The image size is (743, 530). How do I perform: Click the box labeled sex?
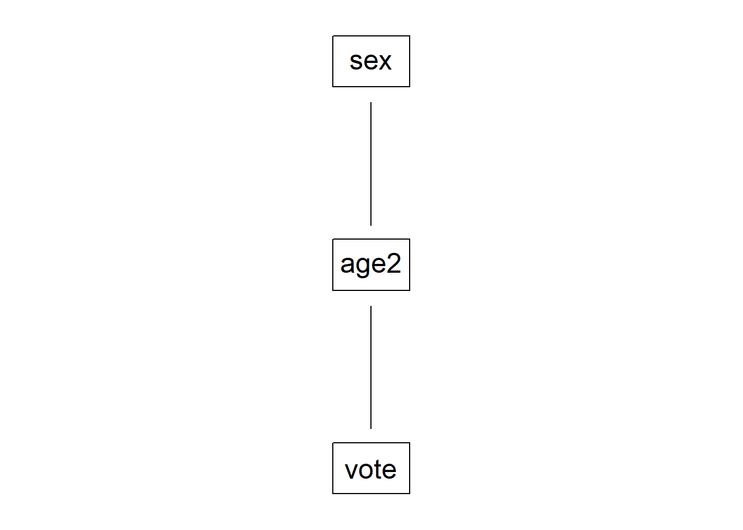371,61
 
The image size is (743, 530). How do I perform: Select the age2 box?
371,264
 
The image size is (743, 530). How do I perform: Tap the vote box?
371,468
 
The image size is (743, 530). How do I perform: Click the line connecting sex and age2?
371,164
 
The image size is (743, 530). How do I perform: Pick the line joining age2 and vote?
371,367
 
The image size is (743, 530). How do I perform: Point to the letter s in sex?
356,61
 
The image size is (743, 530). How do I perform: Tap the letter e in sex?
370,61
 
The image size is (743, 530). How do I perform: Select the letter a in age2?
347,264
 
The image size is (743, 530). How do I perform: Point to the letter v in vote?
352,470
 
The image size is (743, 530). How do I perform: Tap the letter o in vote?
366,470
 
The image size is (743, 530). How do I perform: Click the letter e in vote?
389,470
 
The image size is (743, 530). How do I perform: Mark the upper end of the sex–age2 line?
371,102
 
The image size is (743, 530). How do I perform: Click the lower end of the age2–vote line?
371,428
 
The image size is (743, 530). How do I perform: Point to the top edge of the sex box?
371,36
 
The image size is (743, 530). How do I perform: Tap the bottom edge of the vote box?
371,494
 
